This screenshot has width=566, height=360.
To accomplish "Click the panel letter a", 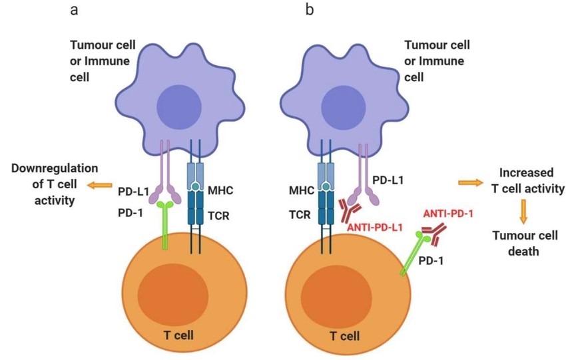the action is pyautogui.click(x=74, y=11).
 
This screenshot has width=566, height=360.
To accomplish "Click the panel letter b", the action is pyautogui.click(x=310, y=9).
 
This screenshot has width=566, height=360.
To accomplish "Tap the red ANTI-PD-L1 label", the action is pyautogui.click(x=375, y=228).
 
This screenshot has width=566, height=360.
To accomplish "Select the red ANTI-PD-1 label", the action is pyautogui.click(x=448, y=214).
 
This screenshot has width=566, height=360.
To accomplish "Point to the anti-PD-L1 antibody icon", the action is pyautogui.click(x=350, y=210).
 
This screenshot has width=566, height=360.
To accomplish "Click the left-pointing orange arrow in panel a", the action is pyautogui.click(x=100, y=186).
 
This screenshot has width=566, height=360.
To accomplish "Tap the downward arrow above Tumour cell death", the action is pyautogui.click(x=523, y=212).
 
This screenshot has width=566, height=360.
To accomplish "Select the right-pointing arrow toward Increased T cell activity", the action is pyautogui.click(x=471, y=183).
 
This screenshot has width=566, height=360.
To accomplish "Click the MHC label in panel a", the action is pyautogui.click(x=220, y=190).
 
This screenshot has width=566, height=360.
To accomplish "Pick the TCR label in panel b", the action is pyautogui.click(x=300, y=215).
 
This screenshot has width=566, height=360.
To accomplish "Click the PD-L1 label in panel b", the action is pyautogui.click(x=388, y=180).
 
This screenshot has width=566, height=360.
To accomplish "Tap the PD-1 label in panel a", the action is pyautogui.click(x=131, y=213).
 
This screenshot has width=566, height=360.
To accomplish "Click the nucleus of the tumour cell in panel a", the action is pyautogui.click(x=179, y=107).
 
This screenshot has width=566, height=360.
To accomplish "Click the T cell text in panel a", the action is pyautogui.click(x=178, y=335).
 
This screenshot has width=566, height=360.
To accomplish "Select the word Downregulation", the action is pyautogui.click(x=55, y=168).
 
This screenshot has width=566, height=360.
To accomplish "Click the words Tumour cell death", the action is pyautogui.click(x=525, y=243).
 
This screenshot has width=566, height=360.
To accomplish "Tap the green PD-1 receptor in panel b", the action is pyautogui.click(x=414, y=254).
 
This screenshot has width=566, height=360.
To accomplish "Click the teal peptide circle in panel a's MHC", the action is pyautogui.click(x=195, y=187).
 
